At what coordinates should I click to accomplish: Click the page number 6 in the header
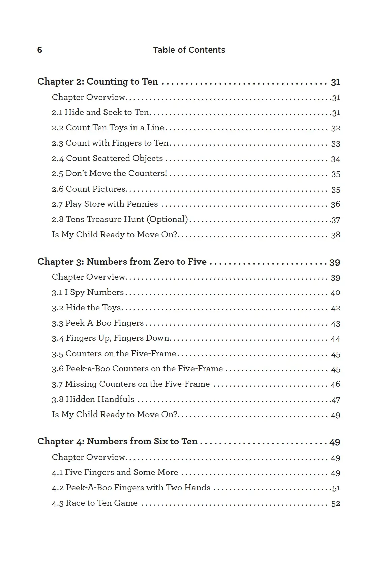(x=40, y=50)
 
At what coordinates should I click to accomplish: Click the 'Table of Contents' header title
(x=189, y=50)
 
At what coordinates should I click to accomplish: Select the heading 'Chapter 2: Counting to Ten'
(x=97, y=81)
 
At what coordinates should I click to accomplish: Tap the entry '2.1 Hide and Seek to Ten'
(x=100, y=112)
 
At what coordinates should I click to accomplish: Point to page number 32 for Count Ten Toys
(x=335, y=128)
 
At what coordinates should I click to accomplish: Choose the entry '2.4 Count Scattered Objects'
(x=107, y=158)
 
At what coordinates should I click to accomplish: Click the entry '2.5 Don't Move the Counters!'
(x=109, y=173)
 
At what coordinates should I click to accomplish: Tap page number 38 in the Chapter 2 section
(x=335, y=235)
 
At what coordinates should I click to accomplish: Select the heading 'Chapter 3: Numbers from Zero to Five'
(x=122, y=262)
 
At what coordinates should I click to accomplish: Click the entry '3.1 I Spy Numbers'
(x=88, y=292)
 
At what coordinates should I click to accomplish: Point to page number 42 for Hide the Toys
(x=335, y=308)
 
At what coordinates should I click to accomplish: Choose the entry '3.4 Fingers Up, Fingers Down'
(x=111, y=338)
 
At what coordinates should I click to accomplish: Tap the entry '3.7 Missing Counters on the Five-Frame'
(x=130, y=384)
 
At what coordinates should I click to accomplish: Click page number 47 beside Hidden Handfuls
(x=336, y=400)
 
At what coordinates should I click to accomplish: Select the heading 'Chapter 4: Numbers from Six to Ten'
(x=117, y=441)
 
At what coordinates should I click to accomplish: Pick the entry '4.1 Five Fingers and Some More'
(x=115, y=472)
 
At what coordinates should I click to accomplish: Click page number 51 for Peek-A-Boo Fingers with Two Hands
(x=336, y=488)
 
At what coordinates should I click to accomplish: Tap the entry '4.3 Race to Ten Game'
(x=94, y=503)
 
